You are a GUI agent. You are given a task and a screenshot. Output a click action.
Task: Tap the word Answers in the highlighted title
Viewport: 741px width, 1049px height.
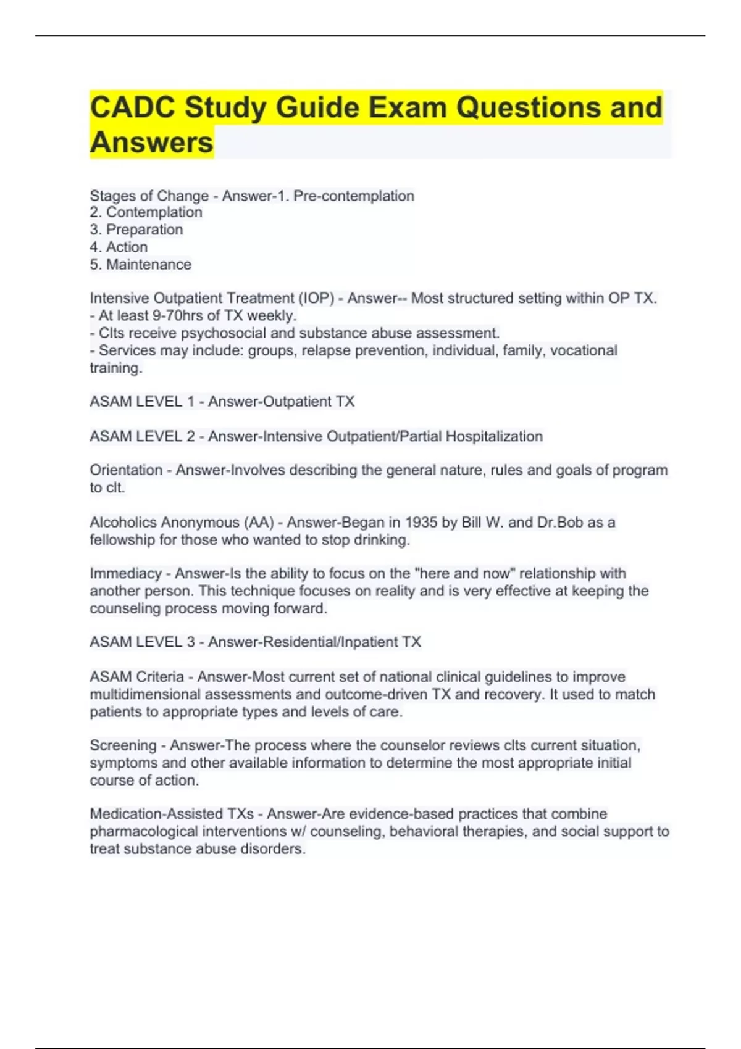click(151, 143)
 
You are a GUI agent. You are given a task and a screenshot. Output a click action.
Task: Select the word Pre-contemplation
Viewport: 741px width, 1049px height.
click(353, 196)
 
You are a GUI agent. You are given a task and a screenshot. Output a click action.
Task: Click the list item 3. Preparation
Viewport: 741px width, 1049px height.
click(136, 230)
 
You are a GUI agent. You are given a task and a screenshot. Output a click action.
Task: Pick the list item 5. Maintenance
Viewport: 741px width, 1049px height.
click(141, 264)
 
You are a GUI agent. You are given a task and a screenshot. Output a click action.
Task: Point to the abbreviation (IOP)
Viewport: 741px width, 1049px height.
click(316, 298)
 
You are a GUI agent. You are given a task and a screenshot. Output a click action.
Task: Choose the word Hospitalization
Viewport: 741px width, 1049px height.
click(494, 436)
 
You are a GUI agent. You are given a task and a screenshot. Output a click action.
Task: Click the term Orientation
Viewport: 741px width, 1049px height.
click(126, 470)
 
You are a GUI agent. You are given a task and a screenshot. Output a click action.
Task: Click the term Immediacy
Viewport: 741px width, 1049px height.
click(125, 573)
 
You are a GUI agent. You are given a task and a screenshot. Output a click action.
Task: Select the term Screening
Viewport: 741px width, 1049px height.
click(123, 745)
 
